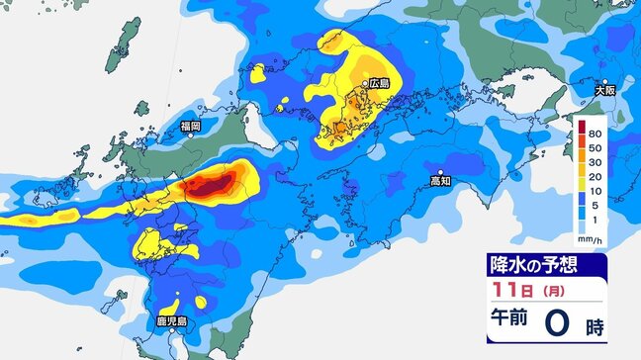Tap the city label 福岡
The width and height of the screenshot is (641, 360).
(191, 127)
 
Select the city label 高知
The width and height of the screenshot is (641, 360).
(440, 181)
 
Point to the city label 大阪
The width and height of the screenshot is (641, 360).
(604, 90)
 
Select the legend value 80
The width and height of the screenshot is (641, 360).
(595, 132)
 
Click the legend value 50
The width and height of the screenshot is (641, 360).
(595, 145)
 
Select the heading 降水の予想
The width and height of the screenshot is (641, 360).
(533, 264)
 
